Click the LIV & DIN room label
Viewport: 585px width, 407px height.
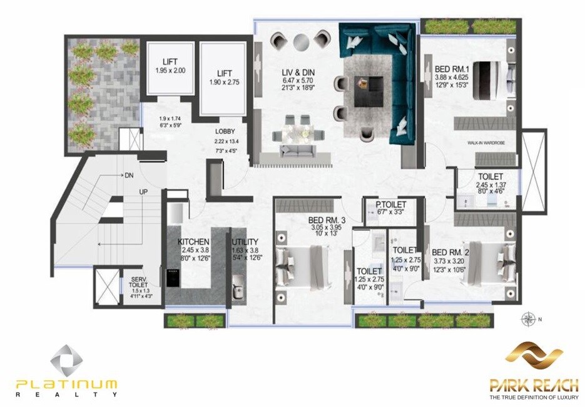(x=298, y=73)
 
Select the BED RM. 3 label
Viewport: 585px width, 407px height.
(x=327, y=220)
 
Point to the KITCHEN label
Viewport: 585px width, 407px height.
(x=193, y=241)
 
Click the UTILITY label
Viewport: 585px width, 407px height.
(x=245, y=241)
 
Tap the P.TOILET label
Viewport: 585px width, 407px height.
(x=390, y=205)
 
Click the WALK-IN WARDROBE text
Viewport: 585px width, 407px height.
(x=485, y=144)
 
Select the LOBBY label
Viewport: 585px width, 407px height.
(x=225, y=132)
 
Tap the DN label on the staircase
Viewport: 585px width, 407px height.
(x=129, y=175)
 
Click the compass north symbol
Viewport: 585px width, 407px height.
(x=528, y=319)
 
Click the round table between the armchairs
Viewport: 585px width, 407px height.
(x=300, y=41)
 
